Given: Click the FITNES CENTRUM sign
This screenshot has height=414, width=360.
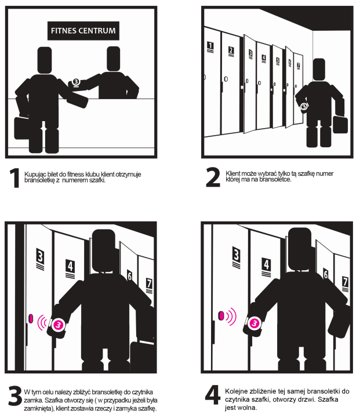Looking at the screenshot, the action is click(x=83, y=31).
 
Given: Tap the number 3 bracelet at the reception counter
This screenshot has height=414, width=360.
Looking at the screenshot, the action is click(x=76, y=82).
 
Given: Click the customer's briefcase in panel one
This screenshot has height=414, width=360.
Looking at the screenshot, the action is click(x=21, y=128).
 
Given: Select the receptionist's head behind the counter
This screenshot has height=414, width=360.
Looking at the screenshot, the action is click(x=114, y=59).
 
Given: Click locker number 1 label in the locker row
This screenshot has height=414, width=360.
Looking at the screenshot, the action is click(x=210, y=47).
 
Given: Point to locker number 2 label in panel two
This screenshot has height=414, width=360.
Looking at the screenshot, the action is click(x=231, y=51).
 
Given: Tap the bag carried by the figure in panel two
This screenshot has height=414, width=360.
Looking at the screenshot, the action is click(x=340, y=125).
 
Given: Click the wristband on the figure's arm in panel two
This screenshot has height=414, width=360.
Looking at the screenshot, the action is click(x=304, y=107).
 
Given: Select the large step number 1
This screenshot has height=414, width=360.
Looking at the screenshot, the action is click(x=15, y=178).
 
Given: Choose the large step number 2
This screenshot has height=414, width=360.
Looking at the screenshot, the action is click(x=213, y=177).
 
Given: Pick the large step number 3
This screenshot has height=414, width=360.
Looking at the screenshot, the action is click(x=14, y=396).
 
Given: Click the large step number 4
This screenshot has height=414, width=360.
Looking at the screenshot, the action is click(x=213, y=395).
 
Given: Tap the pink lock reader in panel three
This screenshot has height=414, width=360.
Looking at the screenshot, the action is click(x=31, y=318).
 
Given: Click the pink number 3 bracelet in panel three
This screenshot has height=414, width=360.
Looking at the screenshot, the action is click(x=59, y=325).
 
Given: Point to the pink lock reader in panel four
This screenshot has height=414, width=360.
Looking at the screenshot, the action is click(x=221, y=315).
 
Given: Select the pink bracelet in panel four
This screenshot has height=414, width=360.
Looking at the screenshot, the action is click(x=254, y=323).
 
